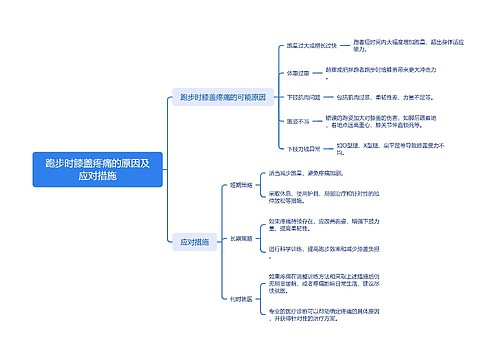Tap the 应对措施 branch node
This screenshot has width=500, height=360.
(194, 241)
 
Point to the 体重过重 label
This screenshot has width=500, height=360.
(298, 72)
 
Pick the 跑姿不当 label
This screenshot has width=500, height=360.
(298, 121)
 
